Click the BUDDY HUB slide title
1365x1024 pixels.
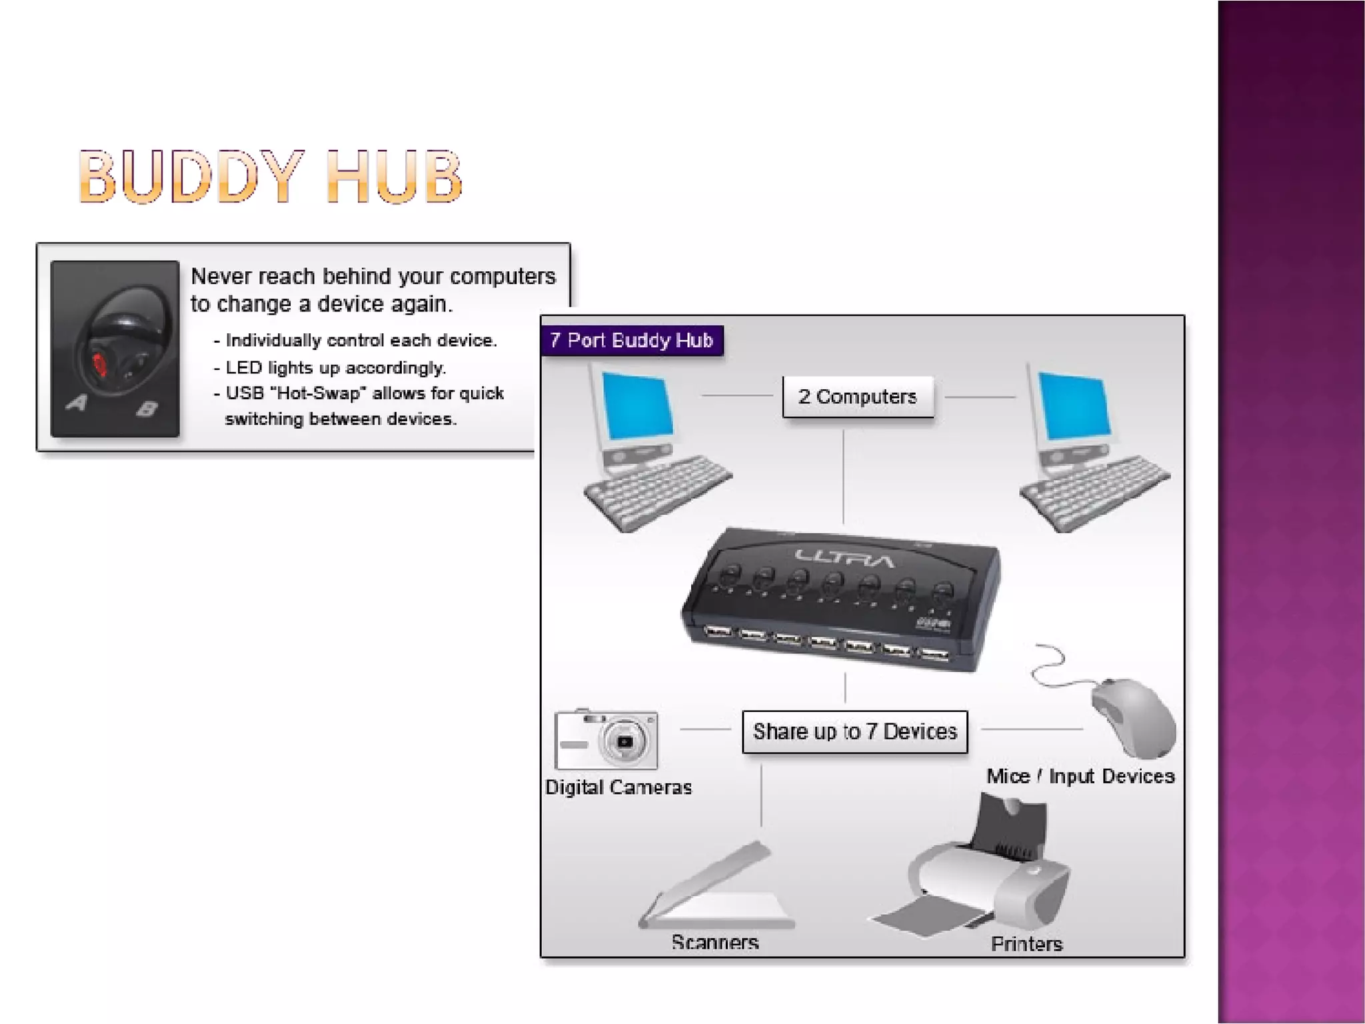(270, 176)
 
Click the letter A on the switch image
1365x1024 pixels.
(77, 402)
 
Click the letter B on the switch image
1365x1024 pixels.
(147, 408)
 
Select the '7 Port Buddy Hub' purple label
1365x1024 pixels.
(631, 341)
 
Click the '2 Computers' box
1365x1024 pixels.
(858, 397)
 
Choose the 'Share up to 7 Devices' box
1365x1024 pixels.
(854, 731)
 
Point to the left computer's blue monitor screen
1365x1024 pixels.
(637, 406)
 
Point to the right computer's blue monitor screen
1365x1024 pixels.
(1074, 406)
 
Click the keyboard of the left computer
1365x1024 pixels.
(657, 493)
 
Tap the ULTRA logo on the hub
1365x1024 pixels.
(844, 559)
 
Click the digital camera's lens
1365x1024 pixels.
(625, 741)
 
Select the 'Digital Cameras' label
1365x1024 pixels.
(619, 787)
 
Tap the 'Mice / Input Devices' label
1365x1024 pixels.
(1080, 776)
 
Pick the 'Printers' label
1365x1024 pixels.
(1026, 943)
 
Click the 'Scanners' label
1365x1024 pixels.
(715, 942)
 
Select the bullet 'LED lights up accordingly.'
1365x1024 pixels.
(335, 367)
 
